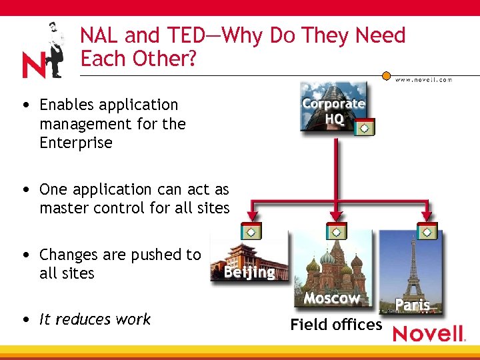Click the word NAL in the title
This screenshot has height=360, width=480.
point(100,35)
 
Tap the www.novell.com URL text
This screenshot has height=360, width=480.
point(423,80)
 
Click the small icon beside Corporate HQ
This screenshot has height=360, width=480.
point(365,127)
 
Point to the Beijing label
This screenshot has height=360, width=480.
point(249,272)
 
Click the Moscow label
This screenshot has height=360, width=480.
point(331,298)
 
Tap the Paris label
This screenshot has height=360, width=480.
point(412,305)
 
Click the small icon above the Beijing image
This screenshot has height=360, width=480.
point(251,231)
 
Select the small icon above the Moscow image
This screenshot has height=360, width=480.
point(336,231)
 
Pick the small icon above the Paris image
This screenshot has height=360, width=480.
point(427,231)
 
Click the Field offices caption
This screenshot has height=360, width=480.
point(336,325)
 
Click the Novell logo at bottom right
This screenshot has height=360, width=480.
point(428,333)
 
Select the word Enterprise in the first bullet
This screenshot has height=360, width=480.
point(76,143)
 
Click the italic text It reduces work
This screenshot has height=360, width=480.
point(95,319)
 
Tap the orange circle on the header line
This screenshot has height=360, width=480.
point(386,75)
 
